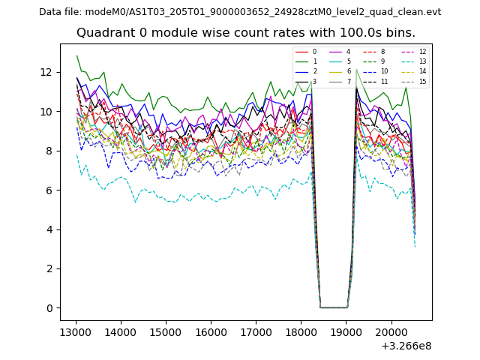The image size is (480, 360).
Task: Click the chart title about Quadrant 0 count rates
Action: [245, 33]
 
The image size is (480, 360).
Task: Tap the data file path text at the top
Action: [240, 12]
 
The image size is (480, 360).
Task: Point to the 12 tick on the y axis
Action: [47, 72]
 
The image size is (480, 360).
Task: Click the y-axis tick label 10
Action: [47, 112]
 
